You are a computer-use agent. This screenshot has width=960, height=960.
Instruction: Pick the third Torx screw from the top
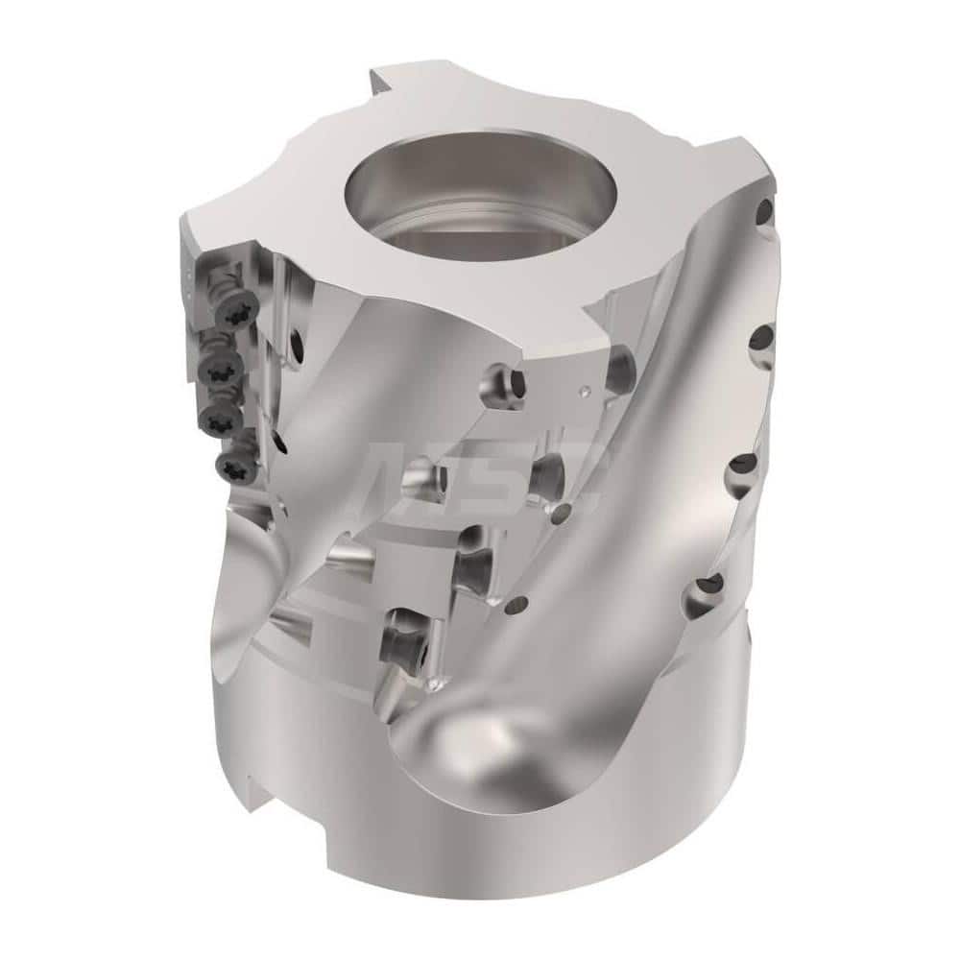pyautogui.click(x=219, y=414)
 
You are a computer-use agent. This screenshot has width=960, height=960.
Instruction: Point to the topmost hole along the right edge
pyautogui.click(x=765, y=212)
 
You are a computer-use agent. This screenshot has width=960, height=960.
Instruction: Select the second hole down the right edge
pyautogui.click(x=761, y=338)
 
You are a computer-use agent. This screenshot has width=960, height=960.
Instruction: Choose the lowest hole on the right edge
pyautogui.click(x=711, y=583)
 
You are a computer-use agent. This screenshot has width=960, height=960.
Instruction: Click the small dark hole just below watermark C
pyautogui.click(x=519, y=604)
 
